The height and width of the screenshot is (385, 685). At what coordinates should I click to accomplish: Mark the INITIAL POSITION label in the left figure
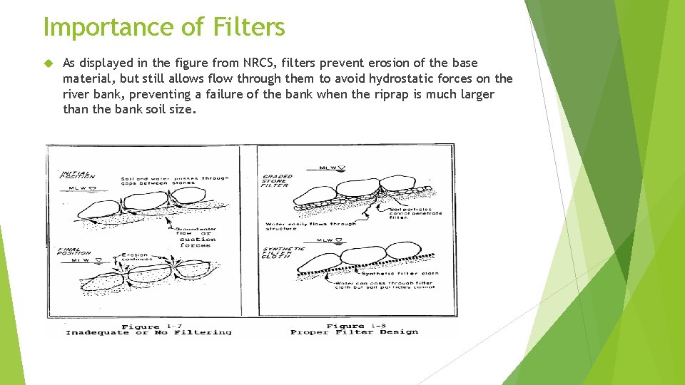point(77,175)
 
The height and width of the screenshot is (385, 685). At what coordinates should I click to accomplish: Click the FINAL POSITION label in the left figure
point(74,252)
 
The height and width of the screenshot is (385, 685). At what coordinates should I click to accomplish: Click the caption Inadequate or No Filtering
point(148,332)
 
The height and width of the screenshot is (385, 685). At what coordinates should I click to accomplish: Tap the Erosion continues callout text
point(135,257)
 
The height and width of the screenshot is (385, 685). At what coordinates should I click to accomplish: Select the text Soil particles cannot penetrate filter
point(415,212)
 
